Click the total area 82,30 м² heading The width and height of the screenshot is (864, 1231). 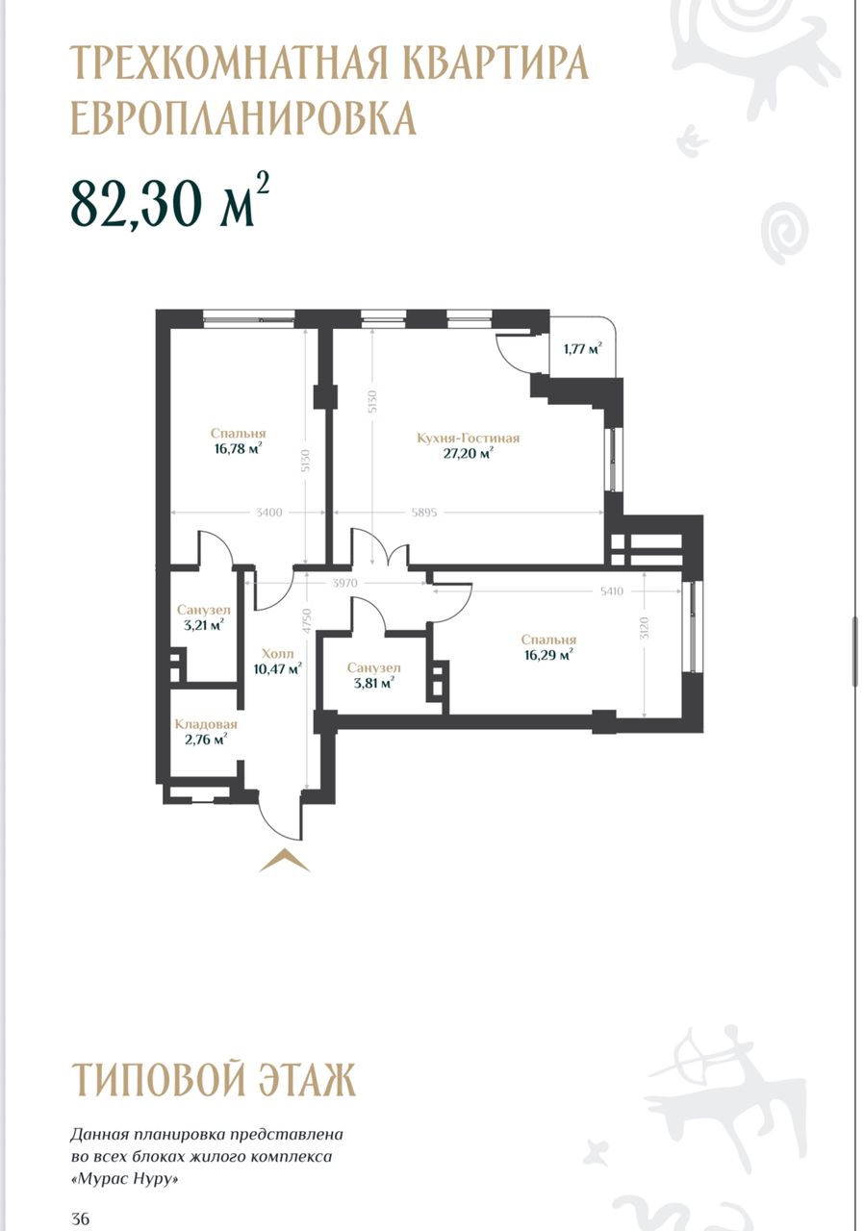pos(170,201)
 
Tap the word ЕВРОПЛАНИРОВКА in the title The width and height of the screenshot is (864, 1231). pos(242,117)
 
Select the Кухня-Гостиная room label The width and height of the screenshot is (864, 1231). pos(468,439)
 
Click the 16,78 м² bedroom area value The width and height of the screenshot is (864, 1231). pos(238,449)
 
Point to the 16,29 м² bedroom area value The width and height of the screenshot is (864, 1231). pos(548,655)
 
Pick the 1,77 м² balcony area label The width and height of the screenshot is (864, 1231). pos(582,348)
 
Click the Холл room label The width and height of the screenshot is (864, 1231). pos(277,654)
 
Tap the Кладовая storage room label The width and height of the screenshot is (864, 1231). pos(206,724)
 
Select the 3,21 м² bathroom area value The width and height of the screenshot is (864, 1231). pos(203,625)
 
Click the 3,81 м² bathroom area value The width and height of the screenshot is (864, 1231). pos(373,683)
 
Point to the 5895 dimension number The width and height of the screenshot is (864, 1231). pos(423,513)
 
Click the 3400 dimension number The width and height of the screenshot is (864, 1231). pos(269,513)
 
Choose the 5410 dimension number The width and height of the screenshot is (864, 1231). pos(611,591)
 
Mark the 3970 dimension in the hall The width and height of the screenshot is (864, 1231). pos(345,583)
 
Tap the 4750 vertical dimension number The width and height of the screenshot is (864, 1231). pos(307,621)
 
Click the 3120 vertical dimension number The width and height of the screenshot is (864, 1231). pos(645,628)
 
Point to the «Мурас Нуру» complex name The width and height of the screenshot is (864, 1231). pos(125,1179)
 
